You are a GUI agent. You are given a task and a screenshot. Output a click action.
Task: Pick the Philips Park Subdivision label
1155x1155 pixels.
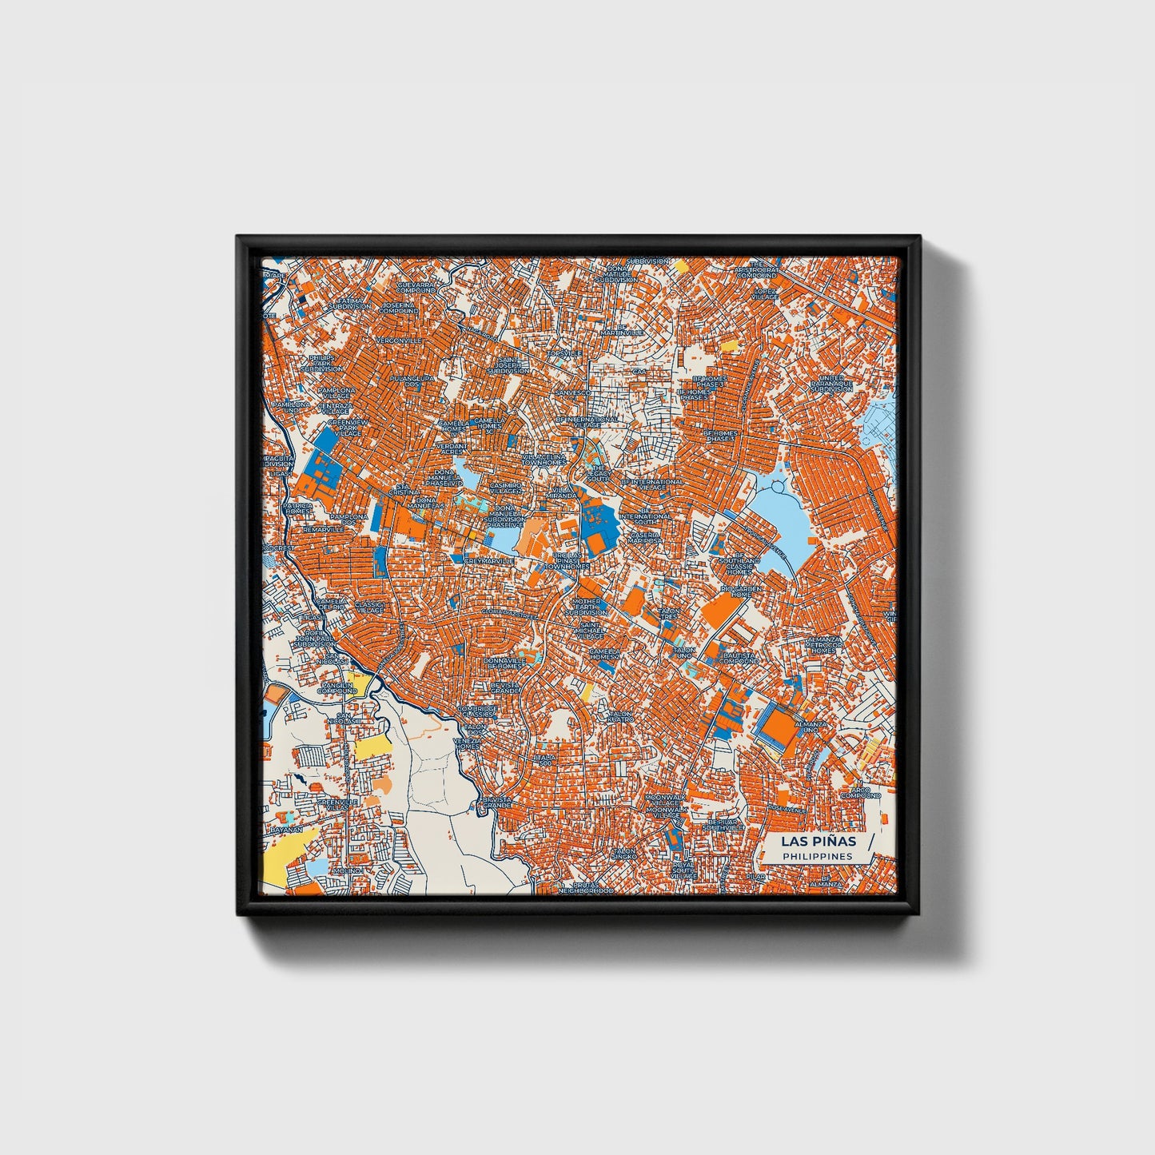pyautogui.click(x=324, y=363)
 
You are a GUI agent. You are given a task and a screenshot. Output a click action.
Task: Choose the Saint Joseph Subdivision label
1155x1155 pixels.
pyautogui.click(x=508, y=365)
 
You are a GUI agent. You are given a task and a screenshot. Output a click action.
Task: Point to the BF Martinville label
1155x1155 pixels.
pyautogui.click(x=622, y=329)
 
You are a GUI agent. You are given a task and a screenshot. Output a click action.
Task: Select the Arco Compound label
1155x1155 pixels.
pyautogui.click(x=860, y=793)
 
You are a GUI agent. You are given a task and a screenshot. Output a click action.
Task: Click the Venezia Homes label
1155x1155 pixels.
pyautogui.click(x=468, y=743)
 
